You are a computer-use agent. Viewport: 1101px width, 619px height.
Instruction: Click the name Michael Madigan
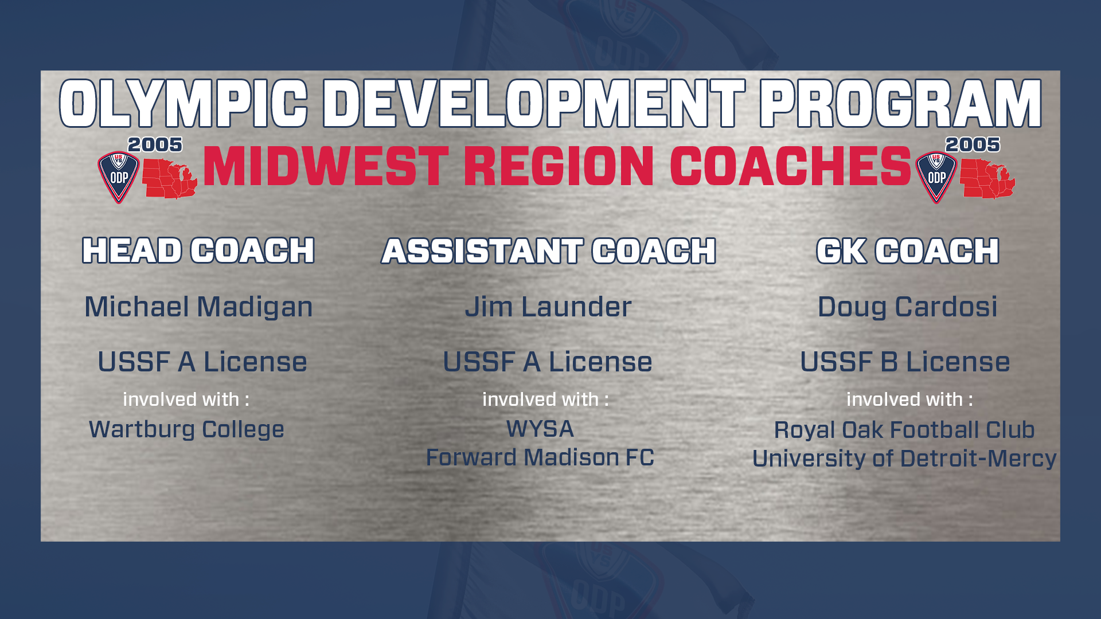pos(198,307)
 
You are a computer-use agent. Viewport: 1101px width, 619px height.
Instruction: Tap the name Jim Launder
pos(548,307)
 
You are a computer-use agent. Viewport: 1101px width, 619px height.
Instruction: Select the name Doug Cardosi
pos(907,307)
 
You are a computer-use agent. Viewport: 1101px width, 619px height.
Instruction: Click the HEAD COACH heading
pos(198,250)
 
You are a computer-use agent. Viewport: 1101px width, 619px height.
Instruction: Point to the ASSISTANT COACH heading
pos(549,251)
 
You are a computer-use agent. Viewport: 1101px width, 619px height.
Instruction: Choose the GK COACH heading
pos(908,251)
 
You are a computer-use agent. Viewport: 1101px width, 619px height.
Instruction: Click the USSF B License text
pos(905,362)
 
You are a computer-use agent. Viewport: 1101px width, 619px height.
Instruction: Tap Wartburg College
pos(186,430)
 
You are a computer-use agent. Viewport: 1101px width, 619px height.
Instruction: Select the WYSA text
pos(540,429)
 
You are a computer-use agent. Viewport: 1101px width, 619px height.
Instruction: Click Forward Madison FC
pos(540,457)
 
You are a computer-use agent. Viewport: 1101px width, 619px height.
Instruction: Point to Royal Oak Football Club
pos(904,430)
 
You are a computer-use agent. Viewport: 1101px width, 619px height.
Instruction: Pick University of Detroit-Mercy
pos(904,459)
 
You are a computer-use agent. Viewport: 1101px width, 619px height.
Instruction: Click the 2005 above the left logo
pos(155,144)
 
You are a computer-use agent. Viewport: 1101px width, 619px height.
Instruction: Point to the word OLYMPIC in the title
pos(183,104)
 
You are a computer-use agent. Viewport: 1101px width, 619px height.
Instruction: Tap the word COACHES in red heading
pos(791,166)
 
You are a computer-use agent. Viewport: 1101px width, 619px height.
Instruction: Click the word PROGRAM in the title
pos(901,104)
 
